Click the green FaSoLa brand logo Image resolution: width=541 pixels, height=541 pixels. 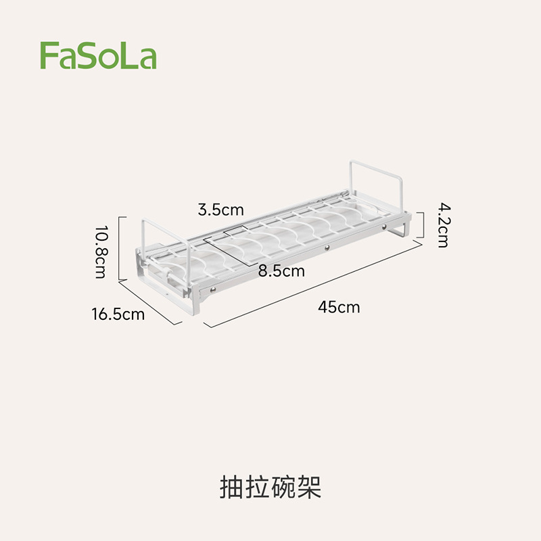[98, 56]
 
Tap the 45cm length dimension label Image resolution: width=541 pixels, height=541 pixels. [339, 307]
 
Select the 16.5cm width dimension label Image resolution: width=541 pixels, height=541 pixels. [118, 314]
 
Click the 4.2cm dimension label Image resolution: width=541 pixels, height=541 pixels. [441, 225]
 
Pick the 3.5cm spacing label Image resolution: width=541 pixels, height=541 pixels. [220, 210]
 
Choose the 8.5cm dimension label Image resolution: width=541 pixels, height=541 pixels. [281, 271]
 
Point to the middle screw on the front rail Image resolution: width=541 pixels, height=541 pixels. [325, 250]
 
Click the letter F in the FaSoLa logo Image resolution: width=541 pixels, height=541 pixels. [47, 55]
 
